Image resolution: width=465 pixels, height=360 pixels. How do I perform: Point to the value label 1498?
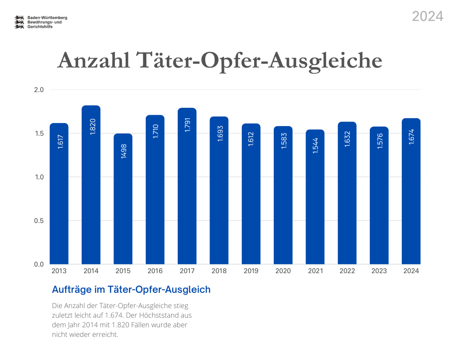pyautogui.click(x=123, y=148)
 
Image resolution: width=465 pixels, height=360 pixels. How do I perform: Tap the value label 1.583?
pyautogui.click(x=283, y=141)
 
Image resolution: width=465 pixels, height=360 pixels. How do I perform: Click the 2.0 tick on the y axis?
pyautogui.click(x=39, y=90)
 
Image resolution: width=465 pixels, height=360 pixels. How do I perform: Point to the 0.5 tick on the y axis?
pyautogui.click(x=39, y=221)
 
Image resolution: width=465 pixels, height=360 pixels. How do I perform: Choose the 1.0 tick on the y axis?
pyautogui.click(x=39, y=177)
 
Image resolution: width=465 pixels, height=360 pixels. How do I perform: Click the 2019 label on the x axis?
pyautogui.click(x=251, y=271)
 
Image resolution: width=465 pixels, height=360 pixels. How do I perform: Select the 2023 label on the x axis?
pyautogui.click(x=379, y=271)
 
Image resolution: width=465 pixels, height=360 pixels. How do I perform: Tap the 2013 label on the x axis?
pyautogui.click(x=59, y=271)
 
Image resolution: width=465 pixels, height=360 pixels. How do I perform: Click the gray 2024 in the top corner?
pyautogui.click(x=427, y=16)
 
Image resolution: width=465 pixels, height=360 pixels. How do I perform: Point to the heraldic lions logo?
pyautogui.click(x=19, y=22)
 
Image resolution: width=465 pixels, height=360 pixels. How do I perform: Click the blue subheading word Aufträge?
pyautogui.click(x=70, y=289)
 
